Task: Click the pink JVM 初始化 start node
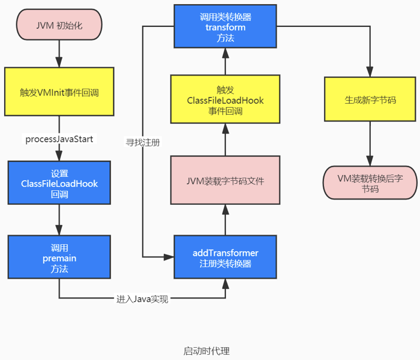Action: point(58,26)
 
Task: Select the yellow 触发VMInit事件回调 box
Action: point(58,91)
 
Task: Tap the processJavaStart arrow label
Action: point(58,139)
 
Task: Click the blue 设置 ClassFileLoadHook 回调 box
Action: point(59,183)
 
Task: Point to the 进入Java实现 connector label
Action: point(142,299)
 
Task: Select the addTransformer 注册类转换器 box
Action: point(225,258)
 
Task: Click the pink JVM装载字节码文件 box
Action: point(225,180)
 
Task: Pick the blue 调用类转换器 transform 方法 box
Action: point(225,27)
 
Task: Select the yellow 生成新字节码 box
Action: point(370,100)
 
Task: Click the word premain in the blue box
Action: point(59,258)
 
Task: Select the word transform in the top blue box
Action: point(225,27)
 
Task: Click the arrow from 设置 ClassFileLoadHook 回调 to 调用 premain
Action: point(59,220)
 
